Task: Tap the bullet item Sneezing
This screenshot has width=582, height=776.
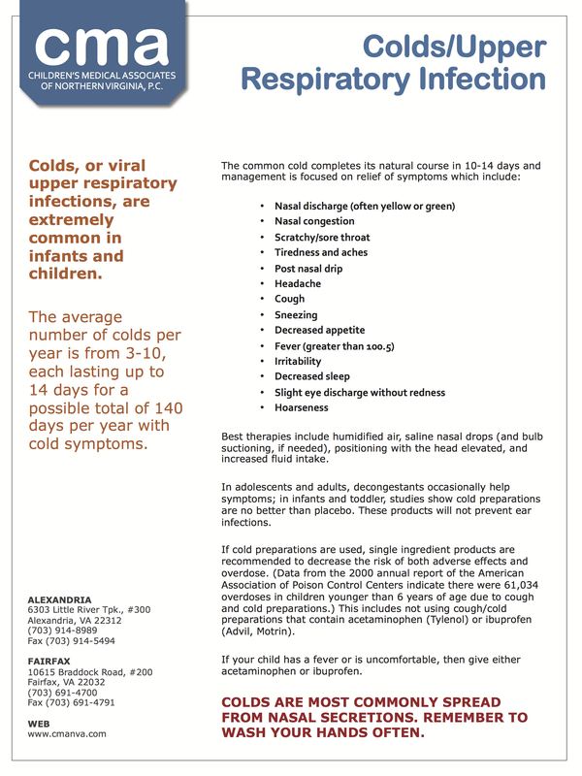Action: click(x=296, y=315)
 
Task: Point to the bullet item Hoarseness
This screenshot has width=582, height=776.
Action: click(x=302, y=408)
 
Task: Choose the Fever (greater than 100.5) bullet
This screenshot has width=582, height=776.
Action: click(x=334, y=346)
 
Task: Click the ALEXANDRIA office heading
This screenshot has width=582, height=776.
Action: click(x=60, y=599)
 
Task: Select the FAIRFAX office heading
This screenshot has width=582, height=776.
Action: click(x=49, y=661)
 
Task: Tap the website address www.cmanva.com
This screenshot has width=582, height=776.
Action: click(x=67, y=734)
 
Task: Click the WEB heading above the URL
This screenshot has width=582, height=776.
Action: click(x=39, y=723)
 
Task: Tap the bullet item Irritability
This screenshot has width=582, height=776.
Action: click(x=298, y=362)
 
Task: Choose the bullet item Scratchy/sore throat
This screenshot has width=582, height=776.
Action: click(x=322, y=238)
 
